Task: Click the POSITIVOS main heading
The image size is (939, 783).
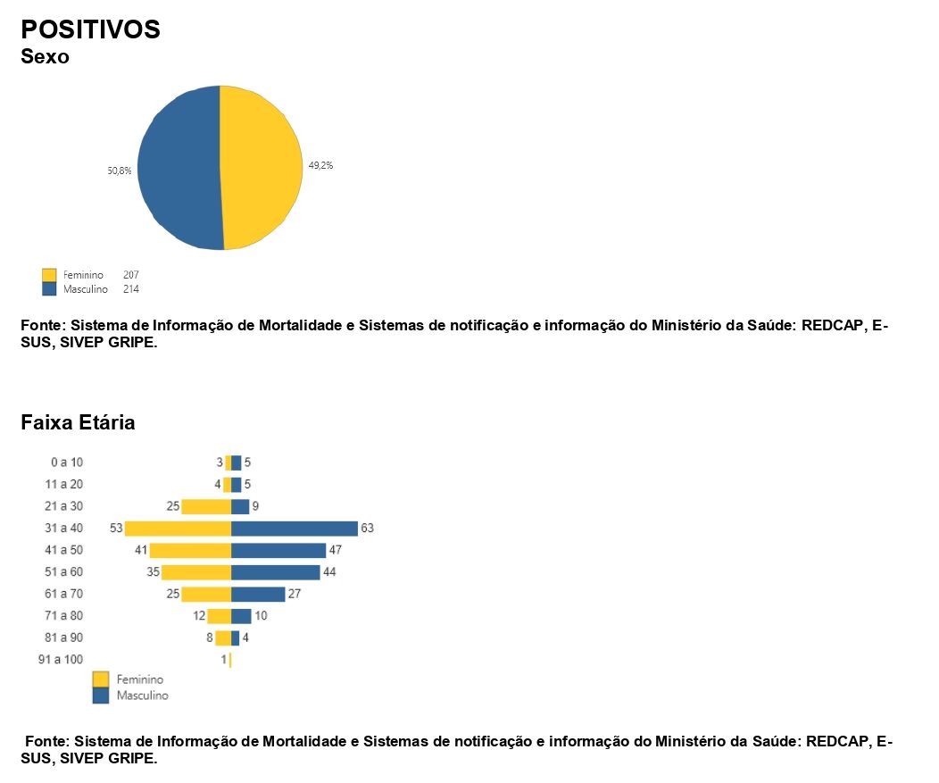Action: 90,29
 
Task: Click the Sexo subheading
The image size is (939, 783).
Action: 45,57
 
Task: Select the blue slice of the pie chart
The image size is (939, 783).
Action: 179,167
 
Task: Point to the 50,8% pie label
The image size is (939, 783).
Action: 120,171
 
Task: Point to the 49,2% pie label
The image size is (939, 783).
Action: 320,165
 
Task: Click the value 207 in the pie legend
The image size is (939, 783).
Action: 131,275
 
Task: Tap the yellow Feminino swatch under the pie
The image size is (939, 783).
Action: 49,275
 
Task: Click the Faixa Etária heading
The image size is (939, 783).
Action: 78,422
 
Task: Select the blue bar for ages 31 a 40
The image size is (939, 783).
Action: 294,529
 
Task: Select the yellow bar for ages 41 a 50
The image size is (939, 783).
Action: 190,550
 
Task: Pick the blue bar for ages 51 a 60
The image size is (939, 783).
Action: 275,572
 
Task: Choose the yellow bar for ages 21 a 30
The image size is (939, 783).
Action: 206,507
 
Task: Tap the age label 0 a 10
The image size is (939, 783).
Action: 67,462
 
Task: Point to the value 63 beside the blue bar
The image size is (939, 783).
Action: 367,529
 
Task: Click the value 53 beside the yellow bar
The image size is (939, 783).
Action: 116,529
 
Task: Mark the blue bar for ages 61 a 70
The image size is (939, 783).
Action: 258,594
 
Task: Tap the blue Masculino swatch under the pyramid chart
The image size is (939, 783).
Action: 101,696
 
